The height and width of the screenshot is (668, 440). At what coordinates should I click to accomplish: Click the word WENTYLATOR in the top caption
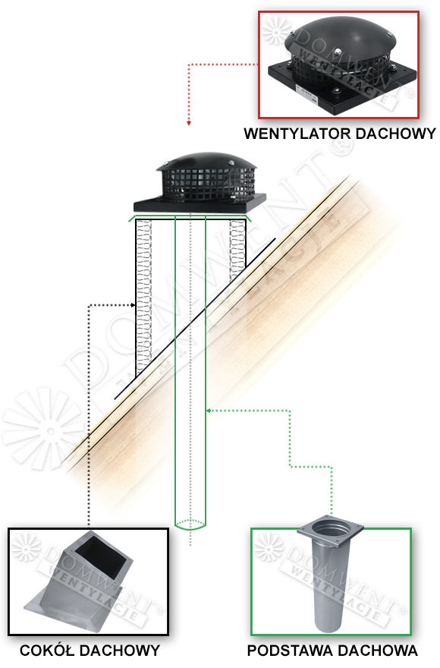297,134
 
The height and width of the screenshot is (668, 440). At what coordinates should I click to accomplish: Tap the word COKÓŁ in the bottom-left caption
47,651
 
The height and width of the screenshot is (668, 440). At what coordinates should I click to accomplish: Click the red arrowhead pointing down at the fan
189,123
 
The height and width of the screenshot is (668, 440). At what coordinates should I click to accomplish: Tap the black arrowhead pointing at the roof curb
134,305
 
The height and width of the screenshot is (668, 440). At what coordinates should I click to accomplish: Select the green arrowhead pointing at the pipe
209,411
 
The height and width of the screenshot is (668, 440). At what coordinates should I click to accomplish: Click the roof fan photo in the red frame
338,65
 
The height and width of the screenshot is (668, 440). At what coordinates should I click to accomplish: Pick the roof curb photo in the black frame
88,582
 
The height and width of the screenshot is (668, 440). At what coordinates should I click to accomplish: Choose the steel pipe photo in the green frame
331,582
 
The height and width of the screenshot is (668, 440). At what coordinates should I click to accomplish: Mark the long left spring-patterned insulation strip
144,296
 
